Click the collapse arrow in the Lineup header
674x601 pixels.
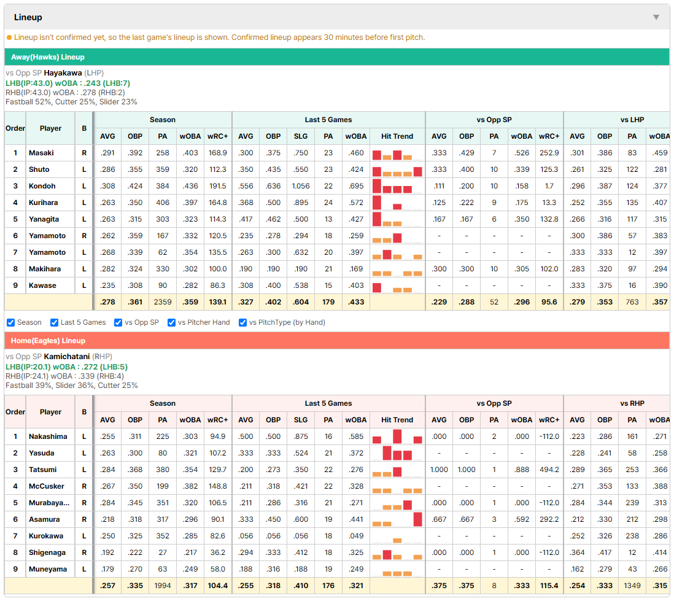point(656,17)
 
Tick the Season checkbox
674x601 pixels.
point(11,322)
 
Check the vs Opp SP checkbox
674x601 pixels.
point(118,322)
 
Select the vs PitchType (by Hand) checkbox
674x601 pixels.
point(242,322)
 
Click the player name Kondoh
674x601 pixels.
point(42,186)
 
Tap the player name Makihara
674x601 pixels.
point(45,269)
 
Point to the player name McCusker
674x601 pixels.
point(47,486)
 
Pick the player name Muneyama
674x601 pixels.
point(48,569)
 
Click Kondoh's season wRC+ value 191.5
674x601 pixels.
point(217,186)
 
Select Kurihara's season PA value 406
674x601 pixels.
point(163,203)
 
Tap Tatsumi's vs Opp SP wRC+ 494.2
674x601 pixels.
point(549,470)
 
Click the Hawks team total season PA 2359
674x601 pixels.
point(163,302)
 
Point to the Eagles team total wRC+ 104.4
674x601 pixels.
point(217,586)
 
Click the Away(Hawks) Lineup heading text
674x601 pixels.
point(48,57)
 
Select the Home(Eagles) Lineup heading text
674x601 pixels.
point(48,341)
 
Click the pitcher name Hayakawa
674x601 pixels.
point(63,73)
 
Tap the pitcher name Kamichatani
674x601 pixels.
point(67,357)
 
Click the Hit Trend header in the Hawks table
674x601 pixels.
point(397,136)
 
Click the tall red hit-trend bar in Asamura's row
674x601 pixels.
point(417,519)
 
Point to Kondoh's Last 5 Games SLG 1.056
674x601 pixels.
point(301,186)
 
